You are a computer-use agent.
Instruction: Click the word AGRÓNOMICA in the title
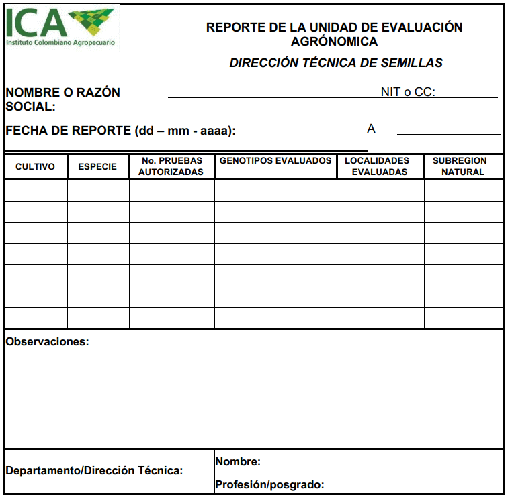click(x=334, y=42)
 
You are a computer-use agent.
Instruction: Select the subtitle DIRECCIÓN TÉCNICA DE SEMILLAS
click(x=336, y=63)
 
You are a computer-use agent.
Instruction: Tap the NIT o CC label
click(x=408, y=92)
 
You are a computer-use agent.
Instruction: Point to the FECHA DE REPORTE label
click(x=120, y=131)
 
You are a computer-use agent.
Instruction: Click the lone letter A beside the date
click(x=371, y=129)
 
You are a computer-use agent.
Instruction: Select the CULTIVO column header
click(x=35, y=166)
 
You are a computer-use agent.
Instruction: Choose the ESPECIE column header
click(x=97, y=166)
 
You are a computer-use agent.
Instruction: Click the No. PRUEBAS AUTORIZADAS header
click(x=171, y=166)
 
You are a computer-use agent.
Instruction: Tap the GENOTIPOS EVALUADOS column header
click(x=275, y=161)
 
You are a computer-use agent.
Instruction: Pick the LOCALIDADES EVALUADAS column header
click(x=380, y=166)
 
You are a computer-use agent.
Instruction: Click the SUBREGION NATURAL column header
click(x=463, y=166)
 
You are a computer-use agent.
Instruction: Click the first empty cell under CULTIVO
click(x=36, y=190)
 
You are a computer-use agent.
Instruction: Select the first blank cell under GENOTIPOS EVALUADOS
click(x=275, y=190)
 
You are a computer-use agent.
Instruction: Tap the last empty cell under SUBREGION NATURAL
click(x=463, y=317)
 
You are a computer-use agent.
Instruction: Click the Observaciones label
click(x=47, y=342)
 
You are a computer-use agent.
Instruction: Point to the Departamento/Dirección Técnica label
click(x=94, y=471)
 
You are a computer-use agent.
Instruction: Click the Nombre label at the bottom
click(x=238, y=462)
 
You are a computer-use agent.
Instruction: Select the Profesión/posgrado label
click(x=269, y=484)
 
